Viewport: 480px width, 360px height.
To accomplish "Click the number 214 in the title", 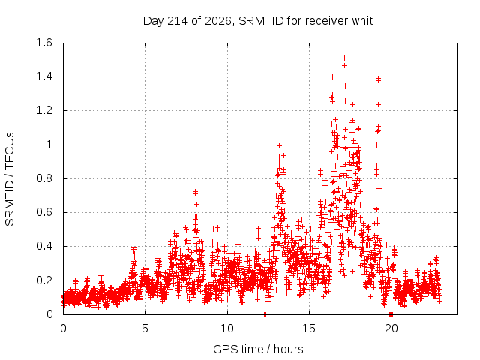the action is click(178, 21).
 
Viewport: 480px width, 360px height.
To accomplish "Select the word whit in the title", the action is click(362, 21).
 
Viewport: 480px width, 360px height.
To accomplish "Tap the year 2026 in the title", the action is click(217, 21).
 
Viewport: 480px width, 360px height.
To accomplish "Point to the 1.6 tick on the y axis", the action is click(44, 43).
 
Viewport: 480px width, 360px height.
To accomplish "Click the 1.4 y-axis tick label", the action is click(44, 76).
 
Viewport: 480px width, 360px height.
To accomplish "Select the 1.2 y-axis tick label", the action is click(44, 110).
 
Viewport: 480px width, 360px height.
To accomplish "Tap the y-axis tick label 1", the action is click(49, 145).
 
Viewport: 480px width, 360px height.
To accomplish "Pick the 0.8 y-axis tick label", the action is click(44, 178).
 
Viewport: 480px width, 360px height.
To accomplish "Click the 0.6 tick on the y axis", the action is click(44, 212).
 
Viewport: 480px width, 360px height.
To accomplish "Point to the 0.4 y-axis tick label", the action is click(44, 246).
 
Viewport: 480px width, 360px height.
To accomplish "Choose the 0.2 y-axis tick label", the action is click(44, 280).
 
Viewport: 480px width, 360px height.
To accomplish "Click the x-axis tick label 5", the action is click(145, 328).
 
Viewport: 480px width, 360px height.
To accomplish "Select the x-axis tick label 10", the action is click(227, 328).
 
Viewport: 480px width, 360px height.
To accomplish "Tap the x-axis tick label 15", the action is click(309, 328).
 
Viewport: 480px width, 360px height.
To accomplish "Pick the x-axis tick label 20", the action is click(391, 328).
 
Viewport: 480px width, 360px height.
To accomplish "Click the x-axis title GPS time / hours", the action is click(258, 349).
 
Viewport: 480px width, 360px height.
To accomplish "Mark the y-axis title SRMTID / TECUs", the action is click(10, 179).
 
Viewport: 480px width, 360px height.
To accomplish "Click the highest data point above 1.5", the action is click(344, 58).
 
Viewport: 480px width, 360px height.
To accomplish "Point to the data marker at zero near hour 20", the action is click(391, 314).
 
